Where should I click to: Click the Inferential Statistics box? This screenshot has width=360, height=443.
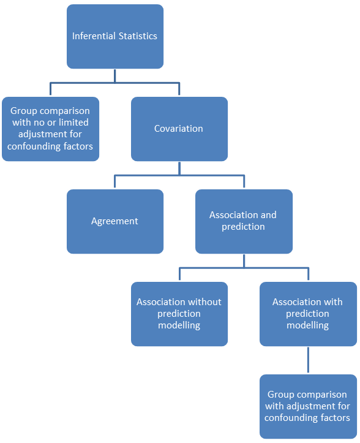pos(115,36)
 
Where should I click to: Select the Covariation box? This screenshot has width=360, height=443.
pos(179,129)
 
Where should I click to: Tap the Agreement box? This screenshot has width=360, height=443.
pos(115,221)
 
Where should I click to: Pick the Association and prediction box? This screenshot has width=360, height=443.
pos(244,221)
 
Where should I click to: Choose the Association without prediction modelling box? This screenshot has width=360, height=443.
pos(179,314)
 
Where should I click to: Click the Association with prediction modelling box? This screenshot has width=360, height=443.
pos(309,314)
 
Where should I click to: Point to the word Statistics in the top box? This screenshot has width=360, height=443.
pos(138,36)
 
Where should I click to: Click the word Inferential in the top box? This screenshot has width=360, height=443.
pos(94,36)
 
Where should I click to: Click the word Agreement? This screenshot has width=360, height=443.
pos(114,221)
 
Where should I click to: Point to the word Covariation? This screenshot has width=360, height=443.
pos(178,129)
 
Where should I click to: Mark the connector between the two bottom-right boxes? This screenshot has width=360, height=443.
pos(308,360)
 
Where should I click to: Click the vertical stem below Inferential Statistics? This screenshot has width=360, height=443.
pos(115,76)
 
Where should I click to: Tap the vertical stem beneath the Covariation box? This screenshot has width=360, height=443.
pos(179,168)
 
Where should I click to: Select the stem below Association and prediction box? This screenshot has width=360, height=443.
pos(244,261)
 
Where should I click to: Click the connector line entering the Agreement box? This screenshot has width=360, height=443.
pos(114,181)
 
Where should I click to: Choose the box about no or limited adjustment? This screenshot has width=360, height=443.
pos(51,129)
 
